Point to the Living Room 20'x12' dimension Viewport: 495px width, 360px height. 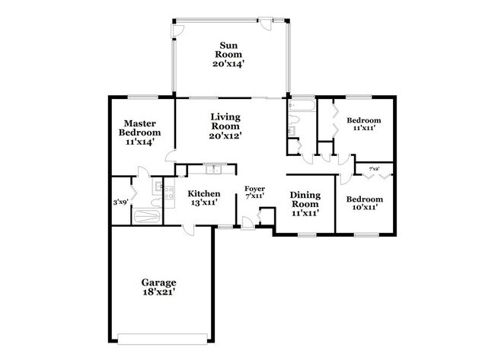(226, 135)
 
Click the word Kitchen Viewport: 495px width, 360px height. (204, 194)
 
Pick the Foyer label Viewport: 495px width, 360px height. (254, 189)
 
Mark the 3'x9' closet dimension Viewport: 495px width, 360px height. (120, 202)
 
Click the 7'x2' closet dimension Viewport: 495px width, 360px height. (374, 169)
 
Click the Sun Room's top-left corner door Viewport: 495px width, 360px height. (178, 28)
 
